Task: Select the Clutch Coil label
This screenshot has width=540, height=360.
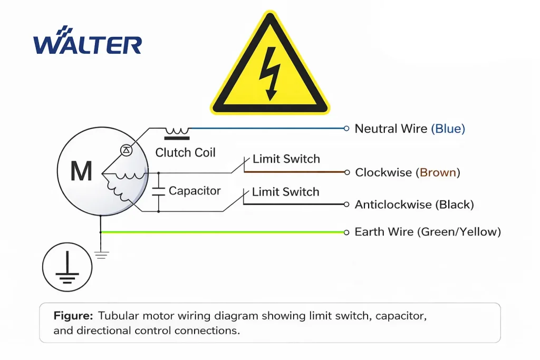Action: (x=185, y=153)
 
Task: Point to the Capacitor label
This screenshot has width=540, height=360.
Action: (x=195, y=191)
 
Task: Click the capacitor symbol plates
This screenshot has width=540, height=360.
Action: (x=158, y=191)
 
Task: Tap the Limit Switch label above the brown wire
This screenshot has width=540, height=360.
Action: (x=286, y=159)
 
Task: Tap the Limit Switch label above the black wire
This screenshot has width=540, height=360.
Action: (x=285, y=192)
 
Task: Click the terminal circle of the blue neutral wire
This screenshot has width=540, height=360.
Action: (x=346, y=128)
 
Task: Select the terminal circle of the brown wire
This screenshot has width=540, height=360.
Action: (x=346, y=172)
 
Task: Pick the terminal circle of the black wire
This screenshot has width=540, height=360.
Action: (x=346, y=205)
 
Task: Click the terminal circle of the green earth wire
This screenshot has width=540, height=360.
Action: (x=346, y=232)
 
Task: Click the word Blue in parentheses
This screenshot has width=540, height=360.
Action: (x=448, y=129)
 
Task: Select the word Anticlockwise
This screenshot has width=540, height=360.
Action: (x=393, y=205)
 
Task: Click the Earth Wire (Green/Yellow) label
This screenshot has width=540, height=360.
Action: (x=427, y=232)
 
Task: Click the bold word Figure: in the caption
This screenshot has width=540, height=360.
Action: (x=73, y=316)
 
